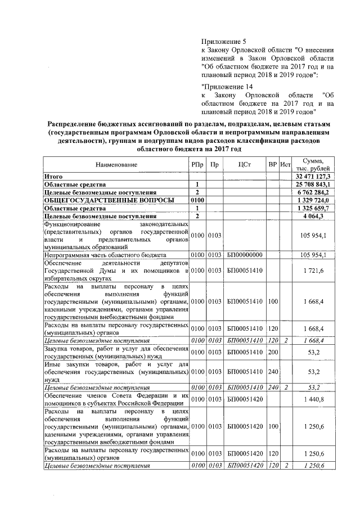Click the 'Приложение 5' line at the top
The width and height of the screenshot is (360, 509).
pos(224,41)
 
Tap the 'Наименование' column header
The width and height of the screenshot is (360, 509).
pos(116,164)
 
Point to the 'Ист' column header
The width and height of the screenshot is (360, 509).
pos(285,164)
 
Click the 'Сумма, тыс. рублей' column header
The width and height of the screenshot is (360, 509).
pos(313,164)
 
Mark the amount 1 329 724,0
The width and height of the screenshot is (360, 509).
pos(316,200)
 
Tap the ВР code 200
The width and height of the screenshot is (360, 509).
pos(273,353)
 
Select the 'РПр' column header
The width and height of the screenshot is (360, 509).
pos(197,164)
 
